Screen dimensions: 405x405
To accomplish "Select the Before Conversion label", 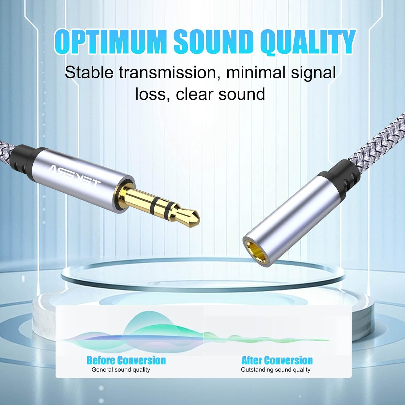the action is click(x=126, y=360).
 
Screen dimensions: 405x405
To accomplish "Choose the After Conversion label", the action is click(x=277, y=360).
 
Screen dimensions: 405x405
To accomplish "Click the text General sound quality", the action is click(x=121, y=370).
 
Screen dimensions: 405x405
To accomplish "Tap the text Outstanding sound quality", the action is click(x=276, y=370).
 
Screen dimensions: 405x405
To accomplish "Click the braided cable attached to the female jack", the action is click(x=378, y=140).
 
